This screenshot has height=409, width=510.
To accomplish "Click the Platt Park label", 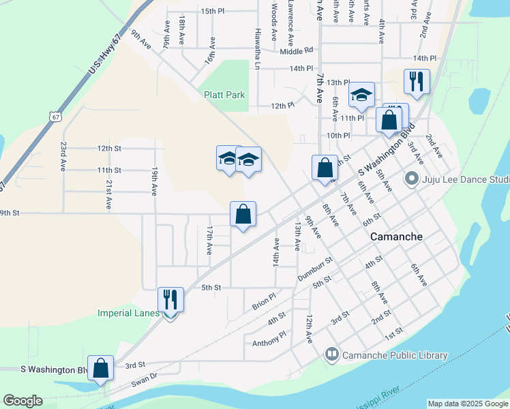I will point(224,95).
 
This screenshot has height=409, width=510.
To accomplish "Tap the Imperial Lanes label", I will point(128,313).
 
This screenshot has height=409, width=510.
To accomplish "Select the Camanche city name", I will point(395,237).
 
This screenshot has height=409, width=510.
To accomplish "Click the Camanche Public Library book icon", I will point(332,354).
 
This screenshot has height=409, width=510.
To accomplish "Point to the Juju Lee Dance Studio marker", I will point(411,179).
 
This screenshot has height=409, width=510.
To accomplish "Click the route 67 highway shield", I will point(55,117).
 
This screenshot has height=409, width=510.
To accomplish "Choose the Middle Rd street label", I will point(296,50).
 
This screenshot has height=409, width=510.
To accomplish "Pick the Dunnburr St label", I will point(314,269).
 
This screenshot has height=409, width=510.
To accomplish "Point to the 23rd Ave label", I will point(63,156).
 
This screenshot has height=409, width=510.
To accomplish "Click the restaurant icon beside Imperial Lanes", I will point(170,299).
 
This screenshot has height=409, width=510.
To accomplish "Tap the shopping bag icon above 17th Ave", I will point(243,215).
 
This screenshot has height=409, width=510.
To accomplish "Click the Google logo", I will point(22,401).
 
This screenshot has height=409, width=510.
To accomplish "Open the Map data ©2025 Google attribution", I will point(467,404).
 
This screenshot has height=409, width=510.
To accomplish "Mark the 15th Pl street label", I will point(213,11).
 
